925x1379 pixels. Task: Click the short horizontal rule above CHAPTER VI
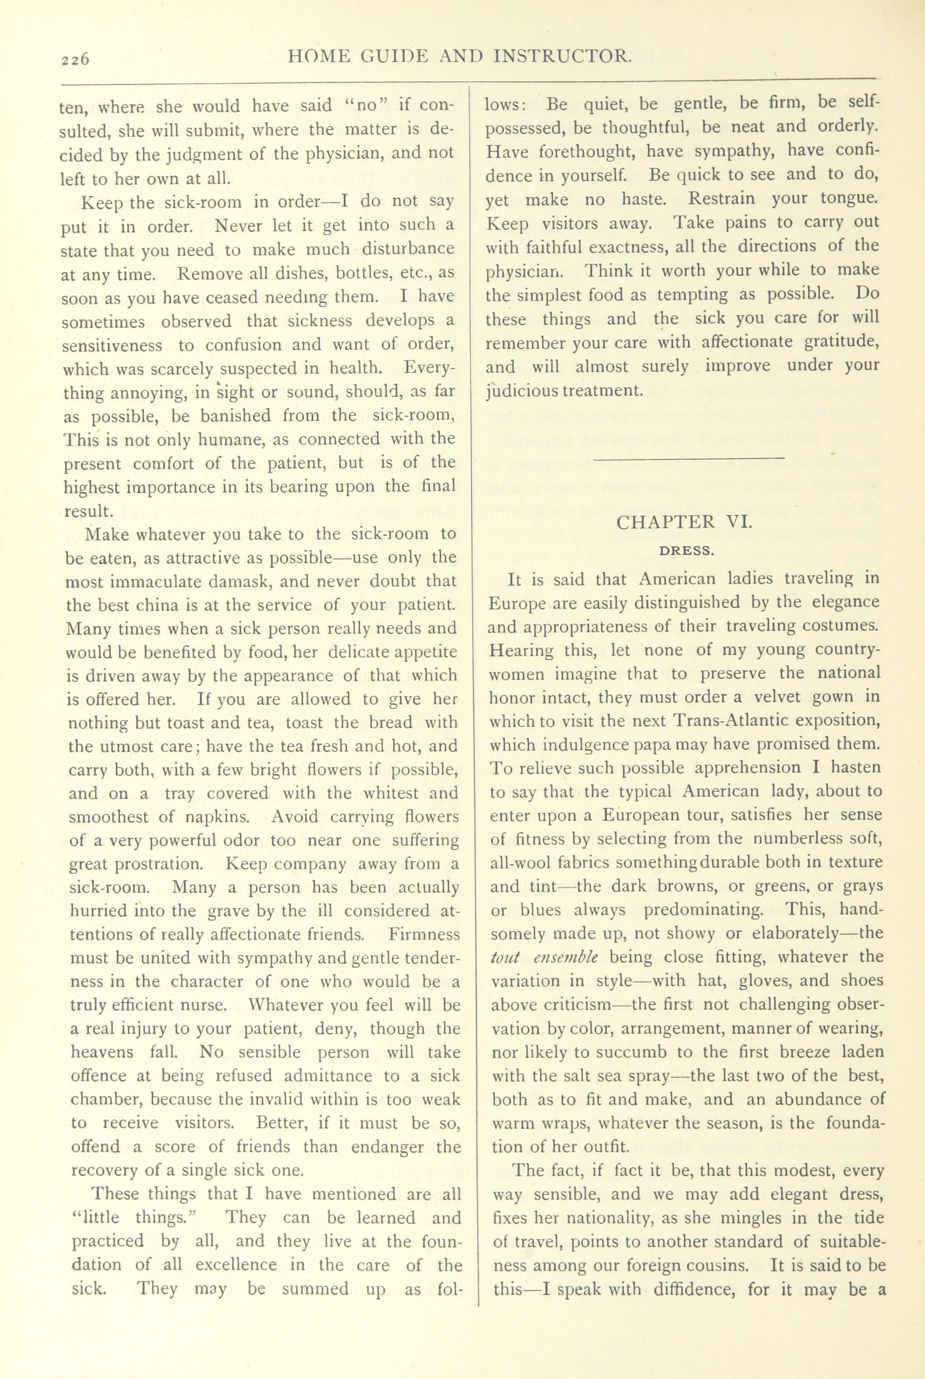click(689, 458)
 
